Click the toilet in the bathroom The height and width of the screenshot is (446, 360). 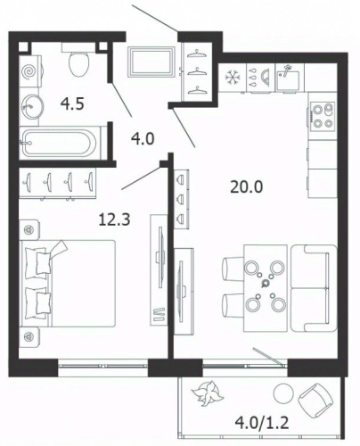tap(78, 61)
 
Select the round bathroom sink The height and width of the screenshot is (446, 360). tap(32, 106)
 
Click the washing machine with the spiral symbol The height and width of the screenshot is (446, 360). tap(30, 71)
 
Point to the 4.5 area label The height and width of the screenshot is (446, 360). tap(72, 104)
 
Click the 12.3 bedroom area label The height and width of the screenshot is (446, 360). tap(114, 220)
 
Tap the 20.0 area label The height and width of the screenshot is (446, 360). tap(247, 187)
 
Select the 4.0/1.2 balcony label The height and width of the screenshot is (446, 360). tap(261, 422)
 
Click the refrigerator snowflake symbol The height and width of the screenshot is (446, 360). tap(232, 78)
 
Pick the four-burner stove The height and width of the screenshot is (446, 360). tap(323, 116)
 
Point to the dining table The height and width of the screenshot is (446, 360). tap(266, 288)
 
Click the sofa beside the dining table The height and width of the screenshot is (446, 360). tap(314, 288)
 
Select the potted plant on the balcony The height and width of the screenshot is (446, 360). tap(207, 393)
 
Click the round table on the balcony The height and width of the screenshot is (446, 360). tap(283, 392)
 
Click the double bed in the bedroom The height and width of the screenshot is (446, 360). tap(68, 284)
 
